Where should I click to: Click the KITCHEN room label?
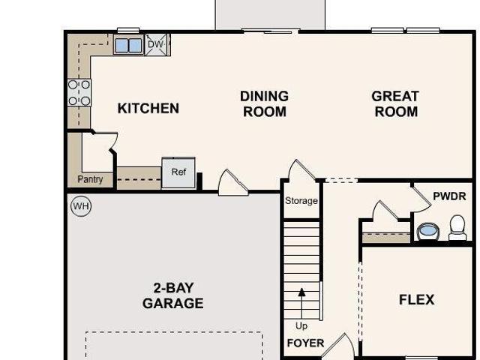(x=148, y=108)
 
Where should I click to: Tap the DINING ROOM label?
(x=265, y=103)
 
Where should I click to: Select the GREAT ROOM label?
(x=395, y=103)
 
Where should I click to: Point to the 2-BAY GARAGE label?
(x=173, y=295)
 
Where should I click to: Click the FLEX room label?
(x=417, y=299)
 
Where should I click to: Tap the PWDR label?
(x=449, y=196)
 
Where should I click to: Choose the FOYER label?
(x=305, y=343)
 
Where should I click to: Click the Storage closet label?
(x=301, y=201)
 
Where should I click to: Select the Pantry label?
(x=90, y=179)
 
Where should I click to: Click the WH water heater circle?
(x=81, y=206)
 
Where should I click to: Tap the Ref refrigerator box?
(x=178, y=172)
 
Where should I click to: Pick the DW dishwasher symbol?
(x=157, y=45)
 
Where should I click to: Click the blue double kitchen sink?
(x=128, y=45)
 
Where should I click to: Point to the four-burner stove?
(x=79, y=93)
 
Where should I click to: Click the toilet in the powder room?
(x=457, y=227)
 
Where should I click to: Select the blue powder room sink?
(x=428, y=231)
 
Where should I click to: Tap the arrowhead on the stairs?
(x=301, y=292)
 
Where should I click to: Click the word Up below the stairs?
(x=301, y=326)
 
